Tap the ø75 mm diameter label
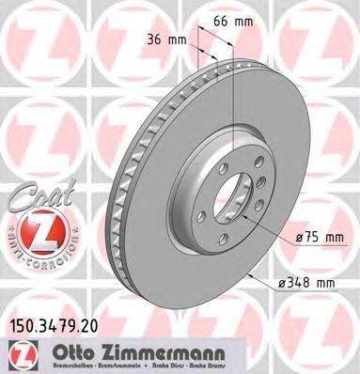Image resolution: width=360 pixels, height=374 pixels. click(319, 238)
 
